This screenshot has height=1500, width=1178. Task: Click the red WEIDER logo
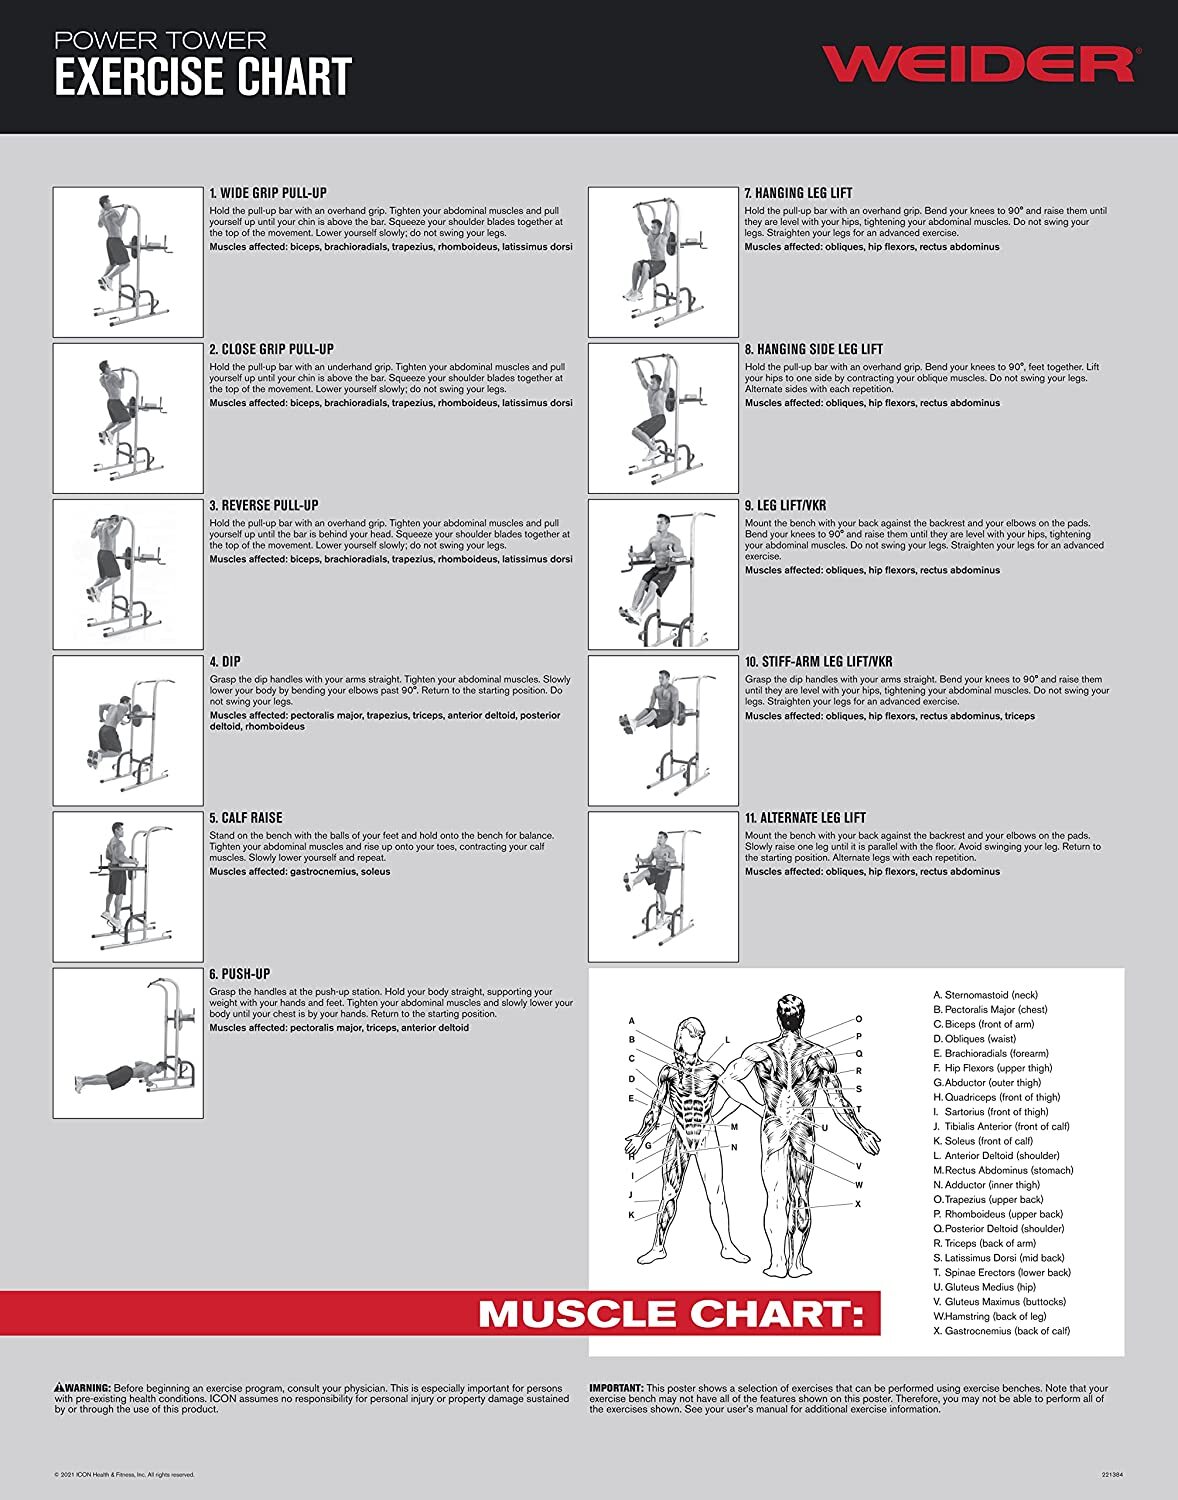coord(977,63)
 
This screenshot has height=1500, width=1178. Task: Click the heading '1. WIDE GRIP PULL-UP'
coord(268,193)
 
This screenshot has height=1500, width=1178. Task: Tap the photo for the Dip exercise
coord(128,731)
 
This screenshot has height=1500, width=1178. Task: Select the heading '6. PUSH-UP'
coord(240,974)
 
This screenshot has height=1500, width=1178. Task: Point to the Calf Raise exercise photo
coord(128,887)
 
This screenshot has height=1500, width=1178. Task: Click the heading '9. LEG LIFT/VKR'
coord(785,506)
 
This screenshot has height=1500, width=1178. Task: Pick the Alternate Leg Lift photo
coord(663,887)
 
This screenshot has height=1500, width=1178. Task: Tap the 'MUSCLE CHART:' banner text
coord(671,1313)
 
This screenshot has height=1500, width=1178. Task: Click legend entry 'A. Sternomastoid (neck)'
coord(985,995)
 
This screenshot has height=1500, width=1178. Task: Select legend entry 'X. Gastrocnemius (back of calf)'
coord(1001,1331)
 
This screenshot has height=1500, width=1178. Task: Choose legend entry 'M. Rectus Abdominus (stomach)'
coord(1003,1170)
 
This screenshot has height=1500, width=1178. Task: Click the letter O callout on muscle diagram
coord(858,1020)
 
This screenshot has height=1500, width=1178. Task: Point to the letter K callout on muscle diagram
coord(631,1215)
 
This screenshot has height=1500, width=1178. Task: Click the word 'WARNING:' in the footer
coord(83,1388)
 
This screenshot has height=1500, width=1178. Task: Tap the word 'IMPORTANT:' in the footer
coord(616,1388)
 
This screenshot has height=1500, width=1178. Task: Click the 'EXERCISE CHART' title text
coord(203,78)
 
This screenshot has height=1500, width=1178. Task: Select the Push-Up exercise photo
coord(128,1043)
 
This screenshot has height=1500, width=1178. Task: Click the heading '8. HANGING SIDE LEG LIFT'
coord(813,350)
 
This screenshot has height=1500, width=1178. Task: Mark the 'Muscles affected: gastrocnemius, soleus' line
coord(300,872)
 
